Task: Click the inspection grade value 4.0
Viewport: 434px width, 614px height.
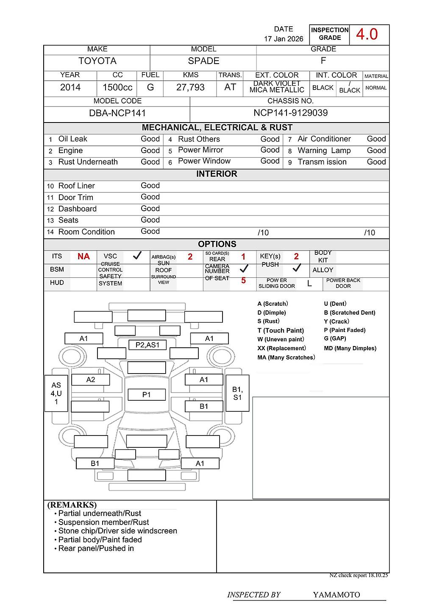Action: tap(367, 34)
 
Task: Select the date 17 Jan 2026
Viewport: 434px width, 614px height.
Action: tap(284, 39)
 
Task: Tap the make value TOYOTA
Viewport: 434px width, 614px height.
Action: tap(97, 61)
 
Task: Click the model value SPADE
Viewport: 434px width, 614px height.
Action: tap(203, 61)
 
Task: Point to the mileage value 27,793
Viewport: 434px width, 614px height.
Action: tap(190, 87)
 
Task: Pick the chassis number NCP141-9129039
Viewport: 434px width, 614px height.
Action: tap(290, 113)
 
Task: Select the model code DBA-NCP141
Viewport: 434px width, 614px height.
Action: tap(117, 113)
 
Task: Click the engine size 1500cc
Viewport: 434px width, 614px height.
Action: tap(117, 87)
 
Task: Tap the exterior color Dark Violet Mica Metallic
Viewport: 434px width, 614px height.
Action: tap(277, 87)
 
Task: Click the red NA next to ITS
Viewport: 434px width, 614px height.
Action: tap(83, 257)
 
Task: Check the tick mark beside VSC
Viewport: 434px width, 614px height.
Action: tap(137, 256)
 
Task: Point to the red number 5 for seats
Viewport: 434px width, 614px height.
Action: tap(243, 281)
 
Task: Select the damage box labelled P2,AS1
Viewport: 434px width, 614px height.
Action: tap(147, 345)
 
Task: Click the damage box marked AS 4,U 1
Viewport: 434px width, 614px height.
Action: tap(56, 393)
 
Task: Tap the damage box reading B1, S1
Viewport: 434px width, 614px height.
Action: tap(237, 393)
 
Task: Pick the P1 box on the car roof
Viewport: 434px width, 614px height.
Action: tap(146, 395)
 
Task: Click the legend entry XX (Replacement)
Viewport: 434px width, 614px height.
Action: tap(281, 348)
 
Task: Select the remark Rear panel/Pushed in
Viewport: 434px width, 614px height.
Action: tap(96, 548)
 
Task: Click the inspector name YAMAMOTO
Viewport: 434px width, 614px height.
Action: tap(337, 594)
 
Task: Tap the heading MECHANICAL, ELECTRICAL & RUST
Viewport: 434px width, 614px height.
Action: tap(217, 128)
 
